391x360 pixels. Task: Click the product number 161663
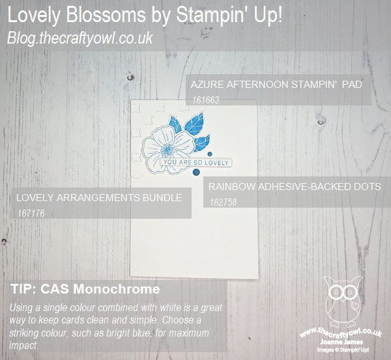click(x=206, y=100)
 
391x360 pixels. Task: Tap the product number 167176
click(x=31, y=214)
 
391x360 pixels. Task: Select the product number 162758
click(x=223, y=202)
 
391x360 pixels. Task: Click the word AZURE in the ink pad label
click(x=207, y=85)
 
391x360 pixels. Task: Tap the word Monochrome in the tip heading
click(x=117, y=289)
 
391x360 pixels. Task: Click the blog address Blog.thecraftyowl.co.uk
click(x=80, y=38)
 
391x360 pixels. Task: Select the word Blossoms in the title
click(x=106, y=14)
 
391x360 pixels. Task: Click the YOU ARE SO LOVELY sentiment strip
click(x=196, y=163)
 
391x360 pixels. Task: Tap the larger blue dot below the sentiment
click(x=197, y=172)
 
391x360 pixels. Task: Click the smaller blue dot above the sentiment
click(x=210, y=154)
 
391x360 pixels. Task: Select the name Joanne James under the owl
click(x=341, y=342)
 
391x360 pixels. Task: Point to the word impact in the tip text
click(x=23, y=345)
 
